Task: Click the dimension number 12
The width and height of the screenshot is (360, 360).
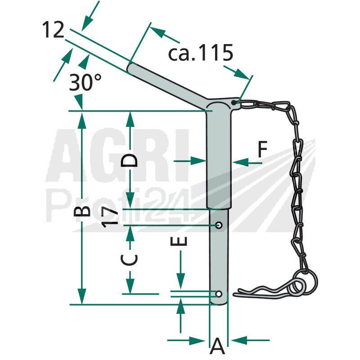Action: click(x=53, y=29)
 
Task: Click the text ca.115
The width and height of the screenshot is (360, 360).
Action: click(x=201, y=53)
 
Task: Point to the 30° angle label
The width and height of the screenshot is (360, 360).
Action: click(x=85, y=82)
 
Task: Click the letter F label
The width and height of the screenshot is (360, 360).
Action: click(x=262, y=149)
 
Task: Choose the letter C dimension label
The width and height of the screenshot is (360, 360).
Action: click(x=129, y=260)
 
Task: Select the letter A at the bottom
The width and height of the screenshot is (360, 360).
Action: click(x=217, y=346)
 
